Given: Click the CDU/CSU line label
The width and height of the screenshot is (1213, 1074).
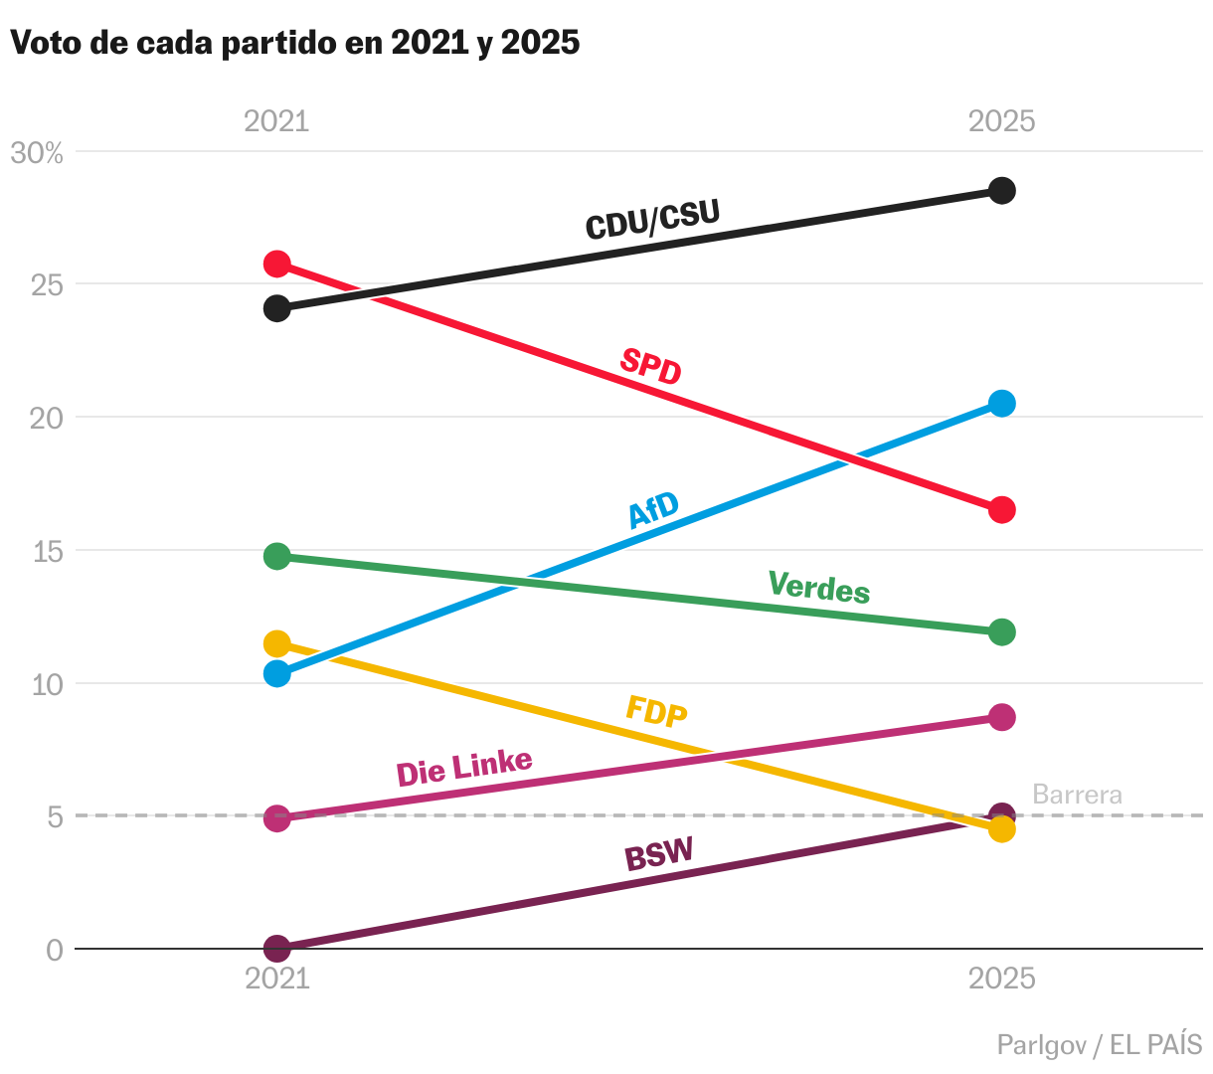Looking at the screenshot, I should click(652, 219).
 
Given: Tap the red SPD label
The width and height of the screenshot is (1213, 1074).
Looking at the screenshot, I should click(651, 366).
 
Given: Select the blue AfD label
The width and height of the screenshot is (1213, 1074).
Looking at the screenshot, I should click(653, 510).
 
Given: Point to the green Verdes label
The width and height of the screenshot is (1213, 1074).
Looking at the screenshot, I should click(819, 587).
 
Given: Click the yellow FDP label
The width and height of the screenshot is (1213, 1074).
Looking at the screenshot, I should click(656, 711).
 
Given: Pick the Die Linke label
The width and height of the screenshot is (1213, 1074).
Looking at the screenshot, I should click(464, 767).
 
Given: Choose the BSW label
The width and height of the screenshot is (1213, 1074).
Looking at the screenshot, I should click(658, 854).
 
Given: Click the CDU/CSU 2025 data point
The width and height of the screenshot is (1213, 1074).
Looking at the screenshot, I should click(1002, 191).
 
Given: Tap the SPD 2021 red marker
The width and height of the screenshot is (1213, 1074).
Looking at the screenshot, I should click(277, 264).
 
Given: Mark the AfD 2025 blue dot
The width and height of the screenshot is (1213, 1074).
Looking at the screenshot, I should click(1002, 403).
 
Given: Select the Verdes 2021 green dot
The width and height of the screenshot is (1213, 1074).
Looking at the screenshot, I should click(277, 556).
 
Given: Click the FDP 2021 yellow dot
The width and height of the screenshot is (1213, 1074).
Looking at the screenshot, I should click(277, 643).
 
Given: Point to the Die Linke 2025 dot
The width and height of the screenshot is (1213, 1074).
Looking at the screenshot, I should click(1002, 717).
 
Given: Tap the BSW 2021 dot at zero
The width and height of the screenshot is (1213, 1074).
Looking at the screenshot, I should click(277, 949).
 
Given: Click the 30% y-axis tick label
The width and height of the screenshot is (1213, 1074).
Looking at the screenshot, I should click(37, 153).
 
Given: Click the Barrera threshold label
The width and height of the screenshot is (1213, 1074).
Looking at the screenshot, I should click(1077, 795).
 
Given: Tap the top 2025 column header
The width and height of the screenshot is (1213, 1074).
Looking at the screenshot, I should click(1002, 121).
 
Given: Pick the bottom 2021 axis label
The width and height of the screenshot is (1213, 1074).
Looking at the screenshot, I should click(277, 979).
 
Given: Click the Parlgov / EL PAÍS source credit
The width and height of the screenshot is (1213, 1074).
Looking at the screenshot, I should click(1099, 1045).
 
